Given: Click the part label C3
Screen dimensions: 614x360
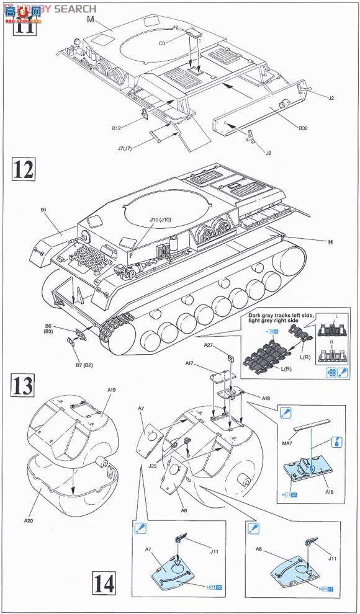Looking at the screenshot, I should pyautogui.click(x=162, y=43).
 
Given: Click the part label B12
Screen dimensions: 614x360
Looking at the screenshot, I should pyautogui.click(x=117, y=128).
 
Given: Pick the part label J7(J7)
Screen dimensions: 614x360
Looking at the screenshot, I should pyautogui.click(x=127, y=148).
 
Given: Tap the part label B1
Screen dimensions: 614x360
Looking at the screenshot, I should pyautogui.click(x=44, y=210).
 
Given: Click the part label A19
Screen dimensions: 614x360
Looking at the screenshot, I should pyautogui.click(x=111, y=390).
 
